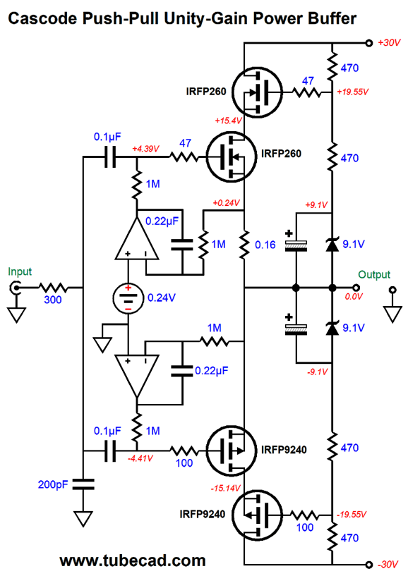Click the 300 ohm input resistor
click(53, 288)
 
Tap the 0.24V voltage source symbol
click(128, 298)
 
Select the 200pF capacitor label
click(53, 484)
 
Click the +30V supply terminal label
click(389, 43)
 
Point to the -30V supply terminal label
click(388, 564)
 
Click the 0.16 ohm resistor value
click(265, 245)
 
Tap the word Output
click(374, 274)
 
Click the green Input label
click(20, 272)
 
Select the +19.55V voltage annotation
click(352, 92)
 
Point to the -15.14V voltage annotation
click(225, 488)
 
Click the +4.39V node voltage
click(145, 149)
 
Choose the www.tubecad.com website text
click(133, 561)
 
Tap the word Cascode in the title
click(44, 18)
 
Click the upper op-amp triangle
click(137, 239)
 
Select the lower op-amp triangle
click(137, 376)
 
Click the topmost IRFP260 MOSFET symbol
click(258, 92)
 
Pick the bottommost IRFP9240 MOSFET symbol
click(258, 515)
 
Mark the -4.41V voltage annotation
click(140, 458)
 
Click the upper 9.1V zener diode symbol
click(332, 245)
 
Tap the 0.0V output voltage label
click(354, 296)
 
